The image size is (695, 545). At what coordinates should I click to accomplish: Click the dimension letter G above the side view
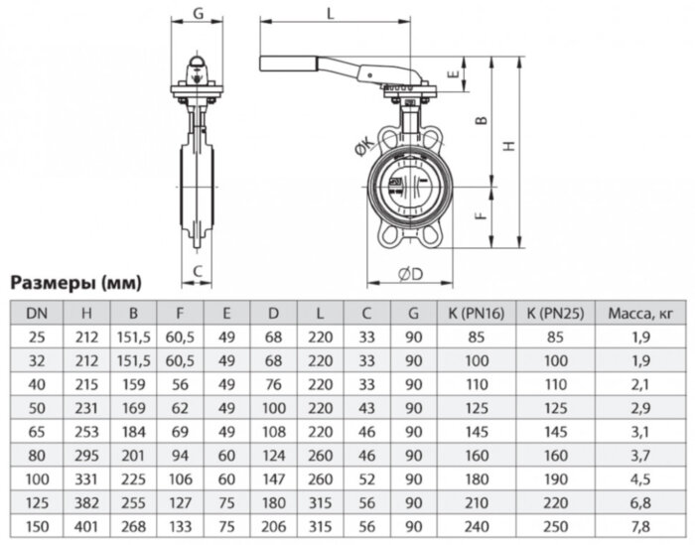[x=199, y=13]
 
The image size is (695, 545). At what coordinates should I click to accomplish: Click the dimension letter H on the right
[x=508, y=146]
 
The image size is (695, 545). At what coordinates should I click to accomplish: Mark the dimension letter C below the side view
[x=198, y=270]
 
